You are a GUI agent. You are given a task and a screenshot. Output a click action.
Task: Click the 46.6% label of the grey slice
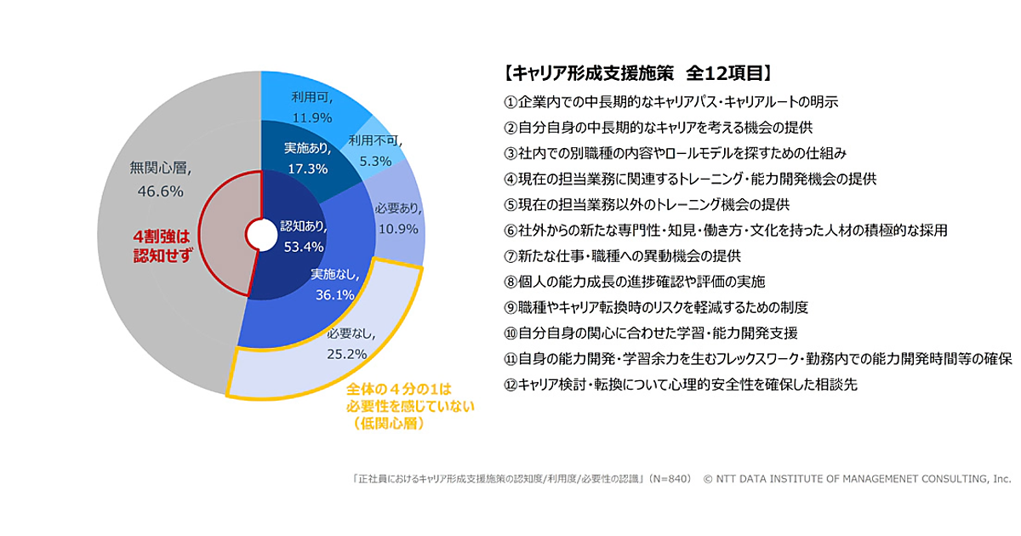(x=157, y=191)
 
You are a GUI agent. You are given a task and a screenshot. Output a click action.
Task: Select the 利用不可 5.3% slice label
(x=374, y=151)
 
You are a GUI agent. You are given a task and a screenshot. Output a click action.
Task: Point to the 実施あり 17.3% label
(x=306, y=158)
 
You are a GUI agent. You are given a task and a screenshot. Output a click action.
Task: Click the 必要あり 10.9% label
(x=396, y=219)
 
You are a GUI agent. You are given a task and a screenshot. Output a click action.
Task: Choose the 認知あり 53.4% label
(x=304, y=237)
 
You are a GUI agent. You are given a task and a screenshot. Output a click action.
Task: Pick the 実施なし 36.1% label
(x=333, y=284)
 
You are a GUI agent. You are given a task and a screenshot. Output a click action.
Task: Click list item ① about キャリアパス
(x=671, y=102)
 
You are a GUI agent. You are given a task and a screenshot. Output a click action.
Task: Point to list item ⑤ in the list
(x=647, y=204)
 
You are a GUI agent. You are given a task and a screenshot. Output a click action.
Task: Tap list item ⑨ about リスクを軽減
(x=655, y=306)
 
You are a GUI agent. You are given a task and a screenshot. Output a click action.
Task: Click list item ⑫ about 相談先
(x=681, y=384)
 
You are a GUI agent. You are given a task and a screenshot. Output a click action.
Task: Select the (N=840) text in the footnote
(x=667, y=479)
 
